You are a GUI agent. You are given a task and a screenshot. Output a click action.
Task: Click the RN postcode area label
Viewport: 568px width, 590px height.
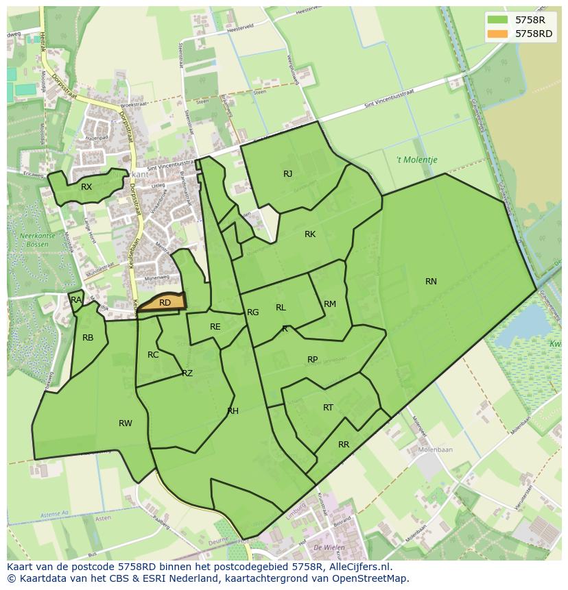point(431,282)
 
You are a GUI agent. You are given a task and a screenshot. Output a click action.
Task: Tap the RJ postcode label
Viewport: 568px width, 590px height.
point(287,174)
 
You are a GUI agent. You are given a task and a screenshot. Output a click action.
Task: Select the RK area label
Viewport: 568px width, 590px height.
point(310,234)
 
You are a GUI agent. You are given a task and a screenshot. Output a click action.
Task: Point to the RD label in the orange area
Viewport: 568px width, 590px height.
point(165,302)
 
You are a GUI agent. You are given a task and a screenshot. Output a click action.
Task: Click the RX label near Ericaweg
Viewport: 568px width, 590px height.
point(86,187)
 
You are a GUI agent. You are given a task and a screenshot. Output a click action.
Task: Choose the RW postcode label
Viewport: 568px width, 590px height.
point(125,423)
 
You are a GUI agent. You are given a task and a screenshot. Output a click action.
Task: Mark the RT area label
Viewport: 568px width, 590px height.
point(328,408)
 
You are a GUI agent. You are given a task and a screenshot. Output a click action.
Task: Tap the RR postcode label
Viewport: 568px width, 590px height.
point(344,445)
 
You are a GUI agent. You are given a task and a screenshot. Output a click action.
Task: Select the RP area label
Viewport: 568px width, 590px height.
point(312,360)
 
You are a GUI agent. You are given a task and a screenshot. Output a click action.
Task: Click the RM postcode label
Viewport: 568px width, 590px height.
point(330,304)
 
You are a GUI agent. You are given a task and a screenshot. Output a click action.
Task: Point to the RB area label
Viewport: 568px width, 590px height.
point(88,338)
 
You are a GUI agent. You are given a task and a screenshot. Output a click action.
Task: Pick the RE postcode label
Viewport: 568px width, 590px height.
point(215,327)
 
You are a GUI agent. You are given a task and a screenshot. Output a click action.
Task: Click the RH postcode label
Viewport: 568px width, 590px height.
point(233,411)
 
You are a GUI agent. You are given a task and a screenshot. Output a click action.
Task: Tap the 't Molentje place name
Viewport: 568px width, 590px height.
point(416,160)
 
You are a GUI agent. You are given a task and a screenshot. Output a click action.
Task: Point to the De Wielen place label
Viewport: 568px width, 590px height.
point(327,548)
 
